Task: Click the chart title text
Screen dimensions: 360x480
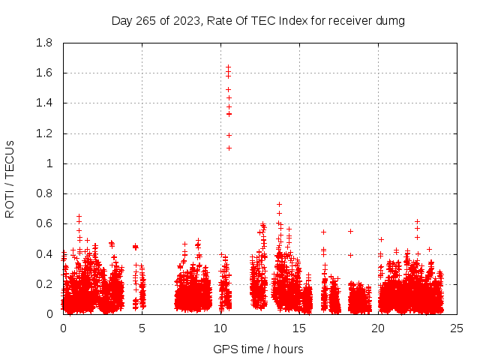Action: (258, 21)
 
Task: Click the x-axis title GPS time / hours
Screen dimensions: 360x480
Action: (258, 349)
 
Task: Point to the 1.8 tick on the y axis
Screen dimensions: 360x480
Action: (45, 43)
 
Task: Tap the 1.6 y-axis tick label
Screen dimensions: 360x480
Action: (45, 73)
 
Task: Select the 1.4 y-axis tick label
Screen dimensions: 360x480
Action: (45, 103)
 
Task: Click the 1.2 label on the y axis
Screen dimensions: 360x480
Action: (45, 133)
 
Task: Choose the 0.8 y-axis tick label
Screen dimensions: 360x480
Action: (45, 193)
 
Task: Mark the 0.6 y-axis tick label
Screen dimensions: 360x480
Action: (45, 223)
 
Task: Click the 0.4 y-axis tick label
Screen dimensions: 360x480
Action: (45, 254)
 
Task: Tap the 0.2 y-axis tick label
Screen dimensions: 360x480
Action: (45, 284)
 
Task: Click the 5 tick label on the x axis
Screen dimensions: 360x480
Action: (142, 328)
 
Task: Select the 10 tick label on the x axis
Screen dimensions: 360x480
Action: (220, 328)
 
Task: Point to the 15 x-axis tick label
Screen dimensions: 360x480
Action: (299, 328)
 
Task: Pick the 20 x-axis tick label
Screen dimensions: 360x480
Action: (378, 328)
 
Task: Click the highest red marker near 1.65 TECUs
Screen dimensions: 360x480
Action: (228, 67)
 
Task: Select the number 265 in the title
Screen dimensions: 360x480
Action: (146, 21)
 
